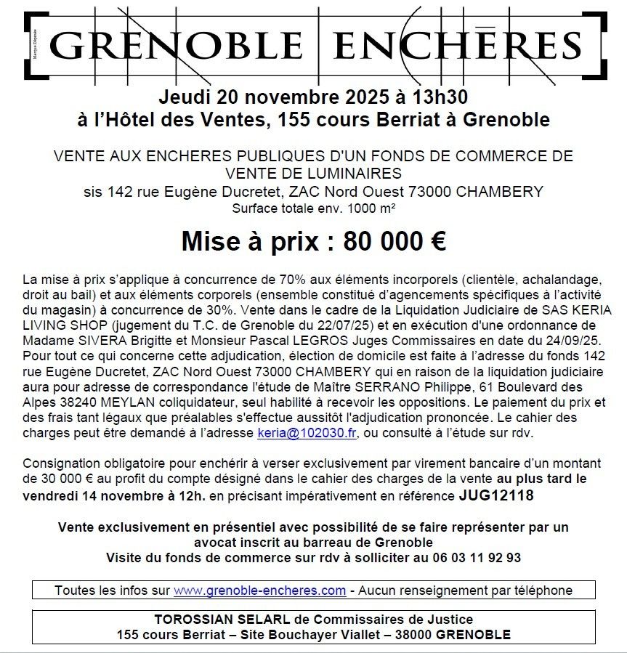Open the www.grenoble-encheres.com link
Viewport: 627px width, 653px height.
click(x=260, y=591)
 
